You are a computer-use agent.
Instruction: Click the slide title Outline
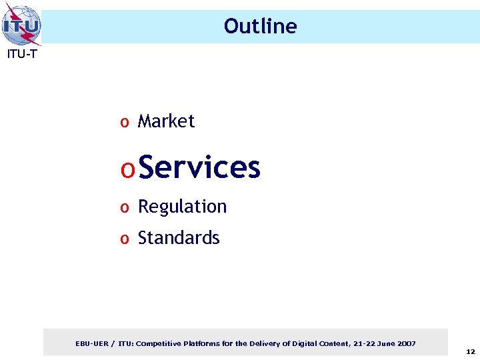coord(260,26)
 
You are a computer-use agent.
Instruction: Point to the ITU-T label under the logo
coord(21,55)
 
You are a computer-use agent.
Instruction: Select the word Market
coord(166,121)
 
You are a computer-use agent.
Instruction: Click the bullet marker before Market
coord(124,123)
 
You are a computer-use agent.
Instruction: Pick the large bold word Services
coord(200,167)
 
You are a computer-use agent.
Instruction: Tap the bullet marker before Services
coord(128,169)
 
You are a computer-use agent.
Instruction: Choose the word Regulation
coord(182,207)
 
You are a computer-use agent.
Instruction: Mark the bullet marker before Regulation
coord(124,208)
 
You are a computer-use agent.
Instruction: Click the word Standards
coord(178,238)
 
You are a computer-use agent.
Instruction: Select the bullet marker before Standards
coord(124,239)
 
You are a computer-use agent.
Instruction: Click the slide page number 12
coord(470,351)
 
